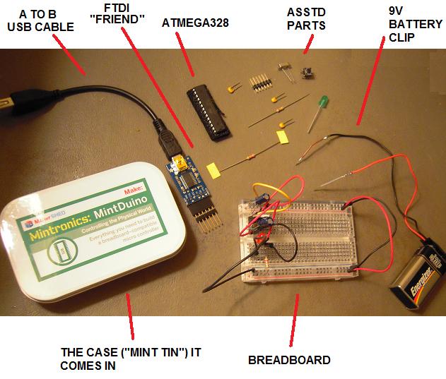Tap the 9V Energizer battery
(418, 272)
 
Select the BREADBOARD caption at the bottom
(289, 360)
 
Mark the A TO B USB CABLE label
(40, 20)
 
